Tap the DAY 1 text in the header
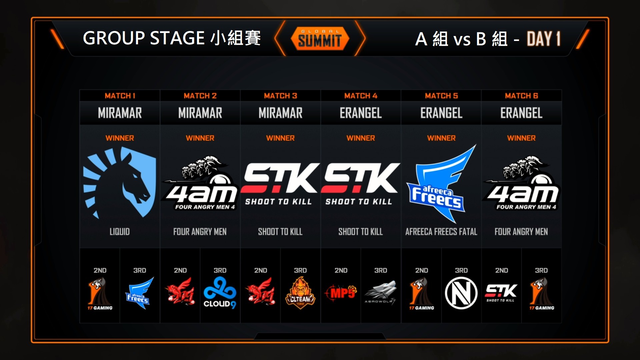pos(543,39)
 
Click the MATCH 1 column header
pos(120,96)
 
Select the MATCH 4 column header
pos(361,96)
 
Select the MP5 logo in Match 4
pos(341,293)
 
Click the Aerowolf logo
pos(381,293)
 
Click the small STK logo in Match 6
pos(501,293)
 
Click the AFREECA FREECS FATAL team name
pos(441,232)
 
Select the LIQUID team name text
pos(120,232)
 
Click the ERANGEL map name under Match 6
pos(521,113)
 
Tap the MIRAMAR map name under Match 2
pos(200,113)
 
